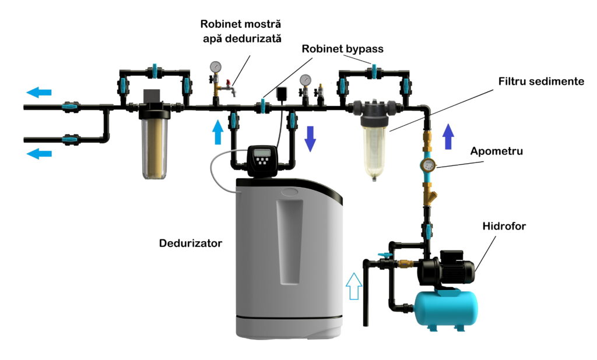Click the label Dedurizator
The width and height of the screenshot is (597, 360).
click(191, 243)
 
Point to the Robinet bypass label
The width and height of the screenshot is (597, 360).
click(342, 49)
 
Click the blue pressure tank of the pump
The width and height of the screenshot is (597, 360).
click(445, 306)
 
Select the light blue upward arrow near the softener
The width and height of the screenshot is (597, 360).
click(217, 132)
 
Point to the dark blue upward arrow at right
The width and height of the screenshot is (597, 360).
click(448, 138)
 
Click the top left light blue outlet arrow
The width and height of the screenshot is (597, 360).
click(39, 92)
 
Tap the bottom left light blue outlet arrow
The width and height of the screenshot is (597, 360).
click(39, 154)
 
